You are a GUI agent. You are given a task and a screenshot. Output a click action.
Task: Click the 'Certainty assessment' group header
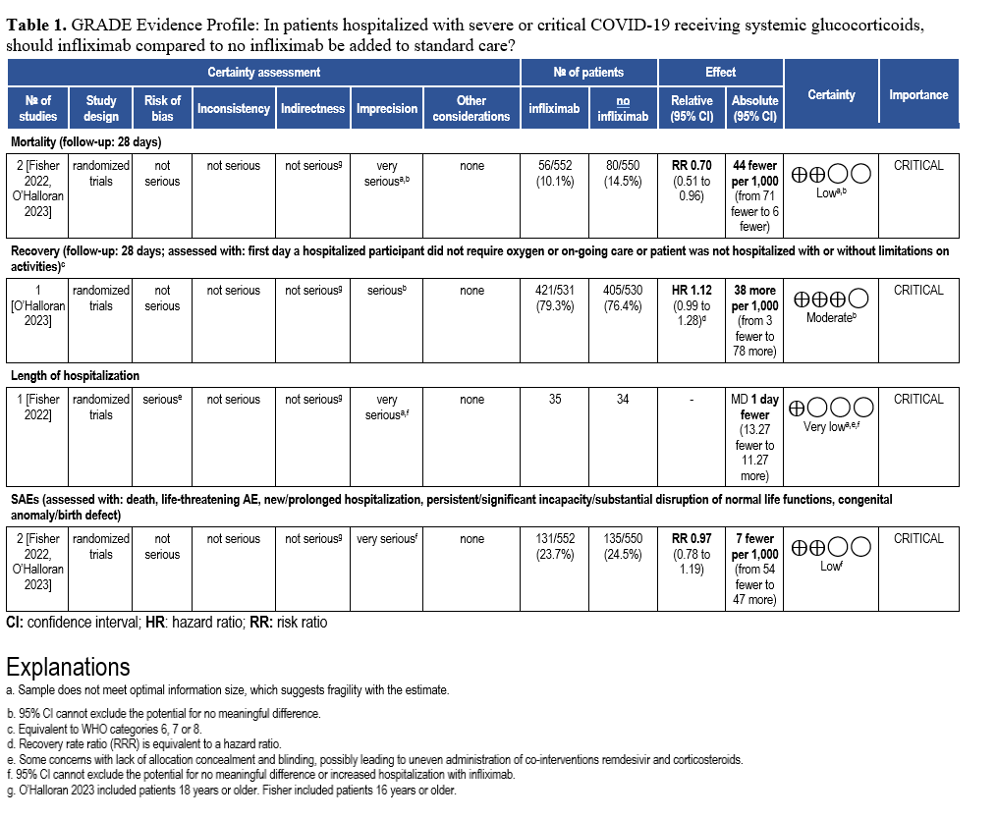tap(263, 73)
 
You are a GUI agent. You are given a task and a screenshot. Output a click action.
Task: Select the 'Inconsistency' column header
tap(233, 108)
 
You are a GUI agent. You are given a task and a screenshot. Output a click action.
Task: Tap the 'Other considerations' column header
tap(471, 108)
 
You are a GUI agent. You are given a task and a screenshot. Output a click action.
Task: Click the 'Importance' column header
tap(918, 95)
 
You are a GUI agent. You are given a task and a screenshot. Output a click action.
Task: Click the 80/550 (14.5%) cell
tap(623, 174)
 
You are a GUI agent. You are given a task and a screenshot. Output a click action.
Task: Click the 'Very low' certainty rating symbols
tap(832, 408)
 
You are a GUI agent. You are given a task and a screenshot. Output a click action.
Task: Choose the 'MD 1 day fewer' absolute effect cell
tap(755, 408)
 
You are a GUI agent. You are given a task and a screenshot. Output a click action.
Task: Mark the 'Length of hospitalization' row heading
tap(76, 376)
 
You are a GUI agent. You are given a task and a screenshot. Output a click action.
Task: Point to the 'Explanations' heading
tap(68, 667)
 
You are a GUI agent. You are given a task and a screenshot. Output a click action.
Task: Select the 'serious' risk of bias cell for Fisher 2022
tap(162, 400)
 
